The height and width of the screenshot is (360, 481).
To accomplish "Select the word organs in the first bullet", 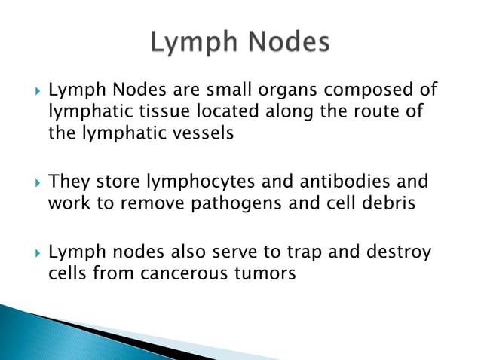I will pyautogui.click(x=284, y=91).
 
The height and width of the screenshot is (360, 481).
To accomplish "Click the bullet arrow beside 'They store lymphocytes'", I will pyautogui.click(x=31, y=183).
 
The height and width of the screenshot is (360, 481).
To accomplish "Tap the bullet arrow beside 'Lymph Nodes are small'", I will pyautogui.click(x=31, y=92).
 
